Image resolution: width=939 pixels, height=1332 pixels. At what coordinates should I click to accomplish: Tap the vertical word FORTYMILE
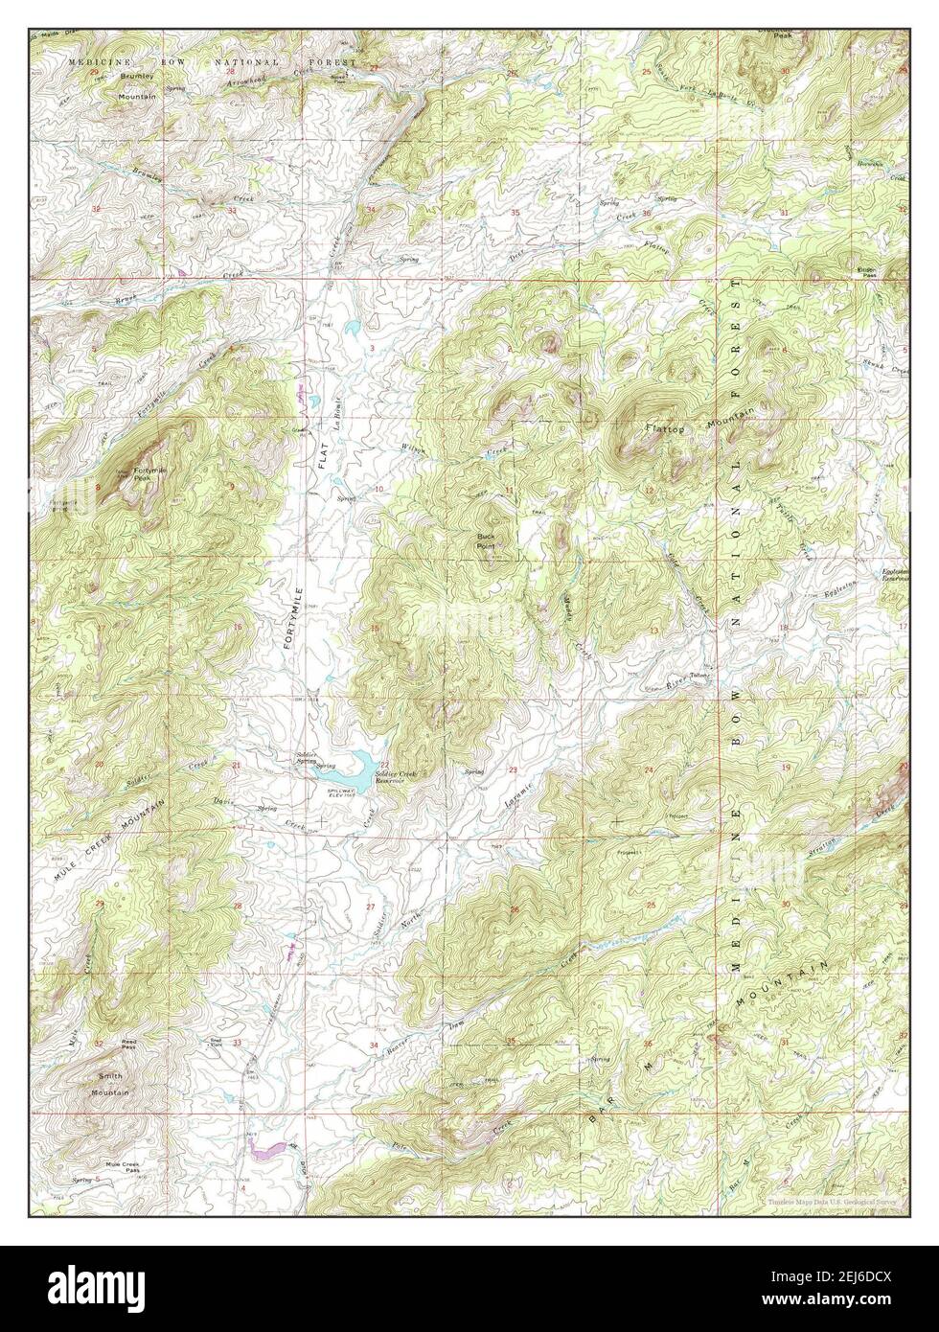pos(297,618)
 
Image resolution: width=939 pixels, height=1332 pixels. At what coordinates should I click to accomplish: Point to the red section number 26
pos(514,910)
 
